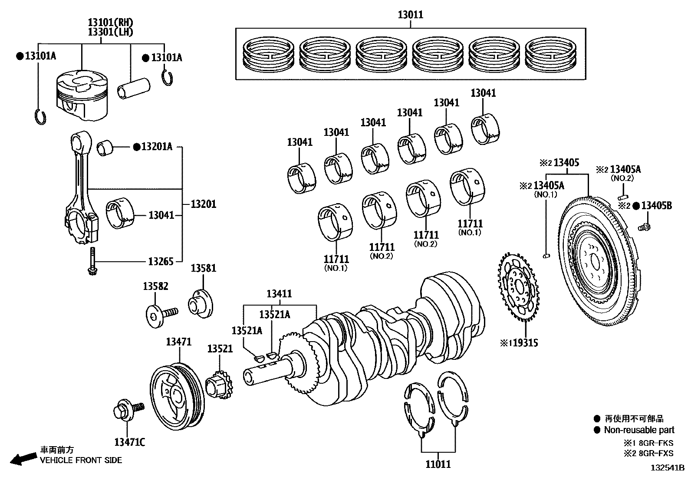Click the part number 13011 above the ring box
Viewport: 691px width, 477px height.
[x=410, y=15]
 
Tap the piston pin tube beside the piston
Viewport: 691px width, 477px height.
[x=134, y=89]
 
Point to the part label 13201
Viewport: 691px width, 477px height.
[x=204, y=204]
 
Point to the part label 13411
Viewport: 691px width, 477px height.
[x=279, y=294]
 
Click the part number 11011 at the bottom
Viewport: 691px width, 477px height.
[x=438, y=464]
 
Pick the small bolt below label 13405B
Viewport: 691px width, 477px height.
[x=644, y=226]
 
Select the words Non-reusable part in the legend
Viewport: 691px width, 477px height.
[x=639, y=430]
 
